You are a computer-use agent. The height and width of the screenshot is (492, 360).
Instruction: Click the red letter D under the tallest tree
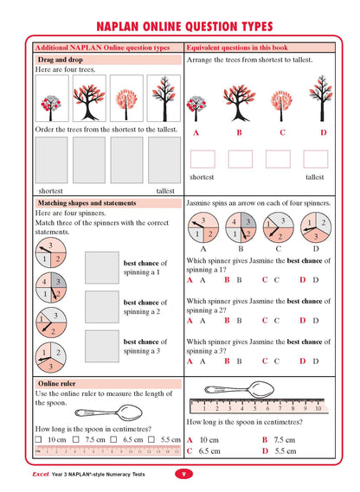[323, 132]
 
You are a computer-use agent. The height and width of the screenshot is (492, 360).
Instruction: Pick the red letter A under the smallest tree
[196, 132]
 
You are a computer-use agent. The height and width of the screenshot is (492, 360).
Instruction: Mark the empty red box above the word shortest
[202, 158]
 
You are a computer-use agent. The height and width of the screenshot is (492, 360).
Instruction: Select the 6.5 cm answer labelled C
[209, 450]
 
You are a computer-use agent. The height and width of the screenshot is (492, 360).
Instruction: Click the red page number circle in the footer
[183, 474]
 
